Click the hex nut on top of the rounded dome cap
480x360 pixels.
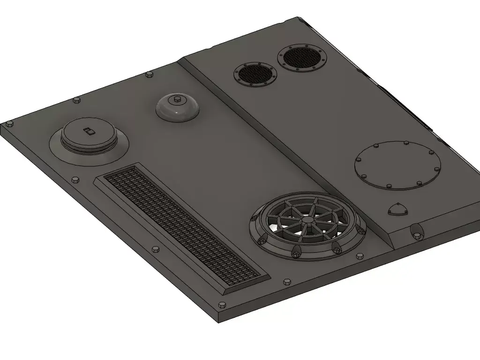(177, 99)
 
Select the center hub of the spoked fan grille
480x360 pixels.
(307, 219)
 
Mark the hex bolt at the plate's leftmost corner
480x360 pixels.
(9, 124)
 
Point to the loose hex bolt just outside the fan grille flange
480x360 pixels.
(360, 256)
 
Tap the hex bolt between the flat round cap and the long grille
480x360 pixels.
(75, 180)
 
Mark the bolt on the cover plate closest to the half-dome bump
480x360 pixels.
(419, 183)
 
